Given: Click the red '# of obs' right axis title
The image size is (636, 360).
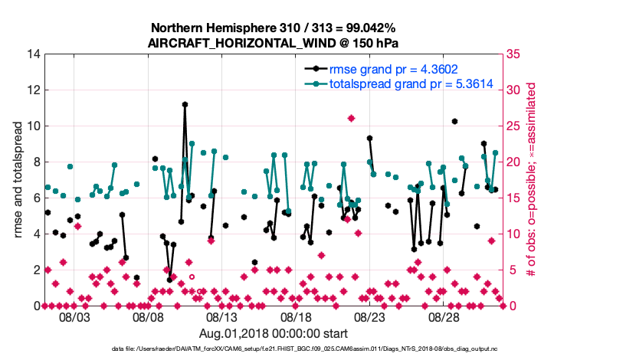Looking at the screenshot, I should (530, 180).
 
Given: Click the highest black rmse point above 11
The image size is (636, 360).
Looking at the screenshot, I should (185, 104).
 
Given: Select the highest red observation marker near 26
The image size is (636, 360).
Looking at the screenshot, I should (351, 118).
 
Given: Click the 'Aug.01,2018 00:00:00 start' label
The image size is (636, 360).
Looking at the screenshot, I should (274, 333).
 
